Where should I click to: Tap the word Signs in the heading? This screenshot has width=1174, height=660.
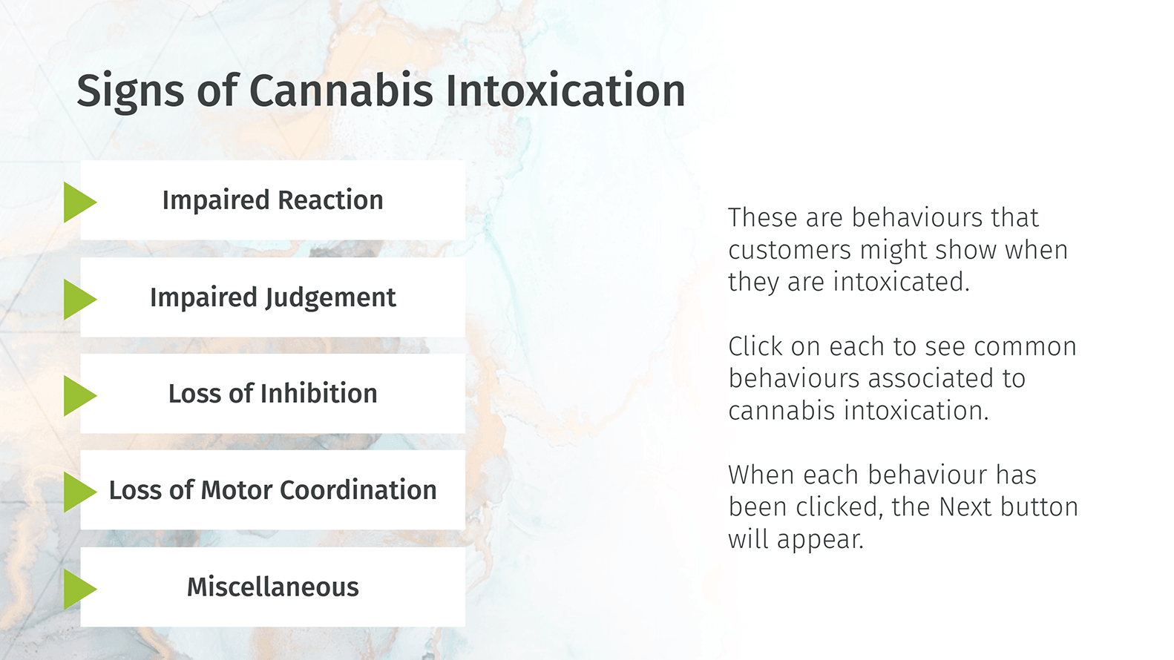click(x=131, y=92)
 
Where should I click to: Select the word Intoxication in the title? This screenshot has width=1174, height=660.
click(x=565, y=90)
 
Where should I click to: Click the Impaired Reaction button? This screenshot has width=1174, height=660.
click(x=272, y=200)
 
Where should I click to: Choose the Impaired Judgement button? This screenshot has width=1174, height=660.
click(x=272, y=297)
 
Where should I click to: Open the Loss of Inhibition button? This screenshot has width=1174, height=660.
click(x=272, y=393)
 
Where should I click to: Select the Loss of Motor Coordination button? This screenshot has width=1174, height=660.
click(x=272, y=489)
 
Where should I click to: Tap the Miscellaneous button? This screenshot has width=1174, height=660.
click(x=272, y=587)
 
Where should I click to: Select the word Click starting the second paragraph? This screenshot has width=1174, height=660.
click(x=755, y=346)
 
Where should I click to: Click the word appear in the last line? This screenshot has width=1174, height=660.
click(x=820, y=541)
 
